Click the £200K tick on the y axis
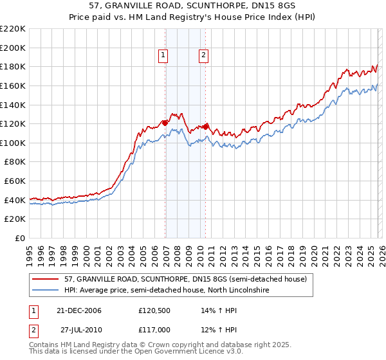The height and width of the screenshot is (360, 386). [14, 48]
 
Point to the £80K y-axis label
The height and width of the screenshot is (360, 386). [15, 162]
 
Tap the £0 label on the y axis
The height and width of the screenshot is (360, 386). [21, 239]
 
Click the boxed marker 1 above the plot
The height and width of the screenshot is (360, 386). [163, 56]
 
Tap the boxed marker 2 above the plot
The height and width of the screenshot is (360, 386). [203, 56]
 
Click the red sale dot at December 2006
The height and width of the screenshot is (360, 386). [165, 122]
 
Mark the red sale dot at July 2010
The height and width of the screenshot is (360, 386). [206, 127]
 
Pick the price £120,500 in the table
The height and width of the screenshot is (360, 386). [154, 310]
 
